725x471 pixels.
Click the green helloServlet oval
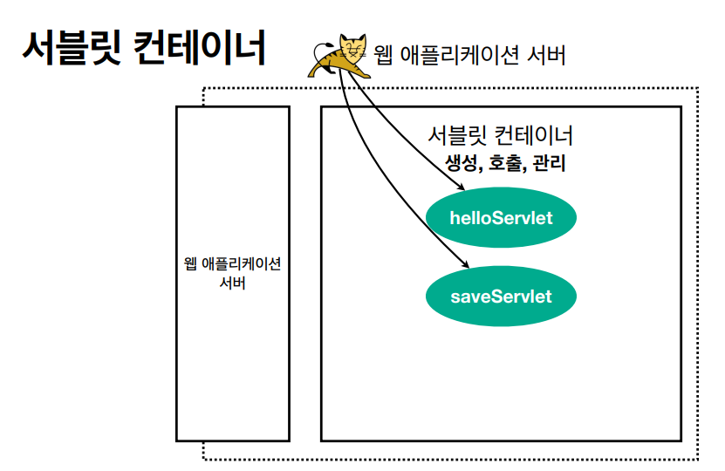[x=501, y=217]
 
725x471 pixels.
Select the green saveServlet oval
[x=501, y=297]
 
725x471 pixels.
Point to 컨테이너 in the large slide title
[x=200, y=48]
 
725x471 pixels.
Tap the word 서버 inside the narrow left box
[x=232, y=284]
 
